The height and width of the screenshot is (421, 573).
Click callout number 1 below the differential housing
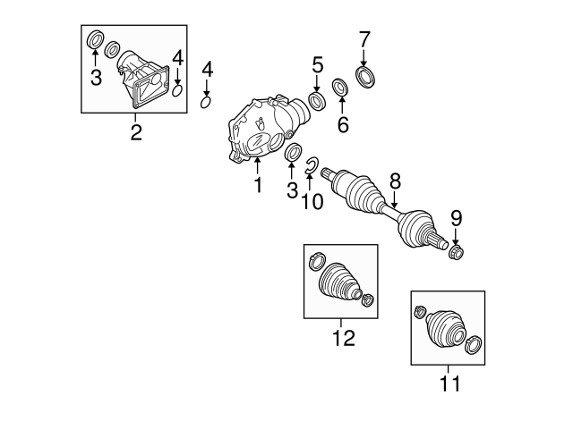tap(258, 185)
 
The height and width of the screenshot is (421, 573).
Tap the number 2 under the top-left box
tap(136, 132)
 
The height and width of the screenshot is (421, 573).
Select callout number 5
tap(317, 64)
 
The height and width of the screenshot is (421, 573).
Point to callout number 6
tap(343, 125)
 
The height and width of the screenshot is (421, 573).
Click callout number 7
tap(364, 39)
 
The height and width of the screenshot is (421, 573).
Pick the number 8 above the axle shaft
tap(395, 181)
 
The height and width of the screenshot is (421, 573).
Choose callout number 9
tap(456, 218)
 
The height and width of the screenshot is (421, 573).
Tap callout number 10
tap(312, 201)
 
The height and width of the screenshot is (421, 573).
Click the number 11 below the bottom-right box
tap(449, 383)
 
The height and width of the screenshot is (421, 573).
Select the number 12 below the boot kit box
tap(344, 338)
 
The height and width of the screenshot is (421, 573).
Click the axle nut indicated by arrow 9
tap(457, 252)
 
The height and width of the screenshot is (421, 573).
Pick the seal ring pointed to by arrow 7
tap(367, 78)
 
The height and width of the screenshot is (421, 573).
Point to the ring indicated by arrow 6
tap(340, 88)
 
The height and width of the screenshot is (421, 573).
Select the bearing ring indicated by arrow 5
tap(317, 101)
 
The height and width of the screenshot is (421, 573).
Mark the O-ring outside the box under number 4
tap(206, 103)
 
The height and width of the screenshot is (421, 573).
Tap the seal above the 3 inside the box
tap(96, 39)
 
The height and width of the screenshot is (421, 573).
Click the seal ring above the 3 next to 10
tap(293, 153)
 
